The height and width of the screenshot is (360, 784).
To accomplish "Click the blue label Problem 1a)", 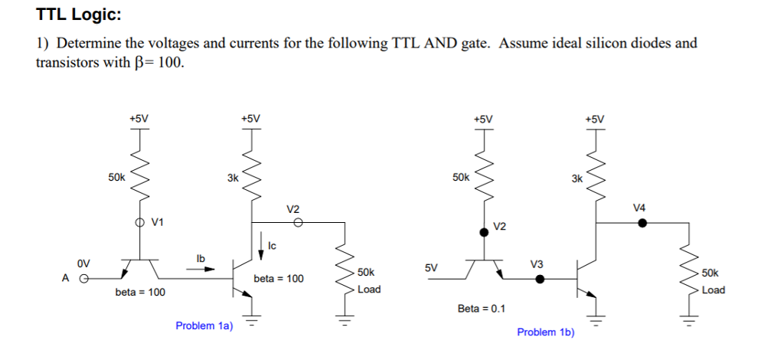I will coord(204,326).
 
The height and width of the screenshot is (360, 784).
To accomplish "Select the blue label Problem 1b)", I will coord(545,332).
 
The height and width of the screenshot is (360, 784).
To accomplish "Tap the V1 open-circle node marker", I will coord(139,222).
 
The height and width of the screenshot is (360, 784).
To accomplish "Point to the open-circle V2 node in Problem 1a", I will coord(298,223).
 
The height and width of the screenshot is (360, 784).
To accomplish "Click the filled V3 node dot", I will coord(540,279).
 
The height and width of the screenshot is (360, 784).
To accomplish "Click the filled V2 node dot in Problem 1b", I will coord(484,231).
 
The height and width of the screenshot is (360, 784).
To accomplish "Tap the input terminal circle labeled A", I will coord(86,279).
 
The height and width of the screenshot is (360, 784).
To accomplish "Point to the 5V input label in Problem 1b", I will coord(431,268).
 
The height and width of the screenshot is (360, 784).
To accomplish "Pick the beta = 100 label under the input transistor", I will coord(140,293).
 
